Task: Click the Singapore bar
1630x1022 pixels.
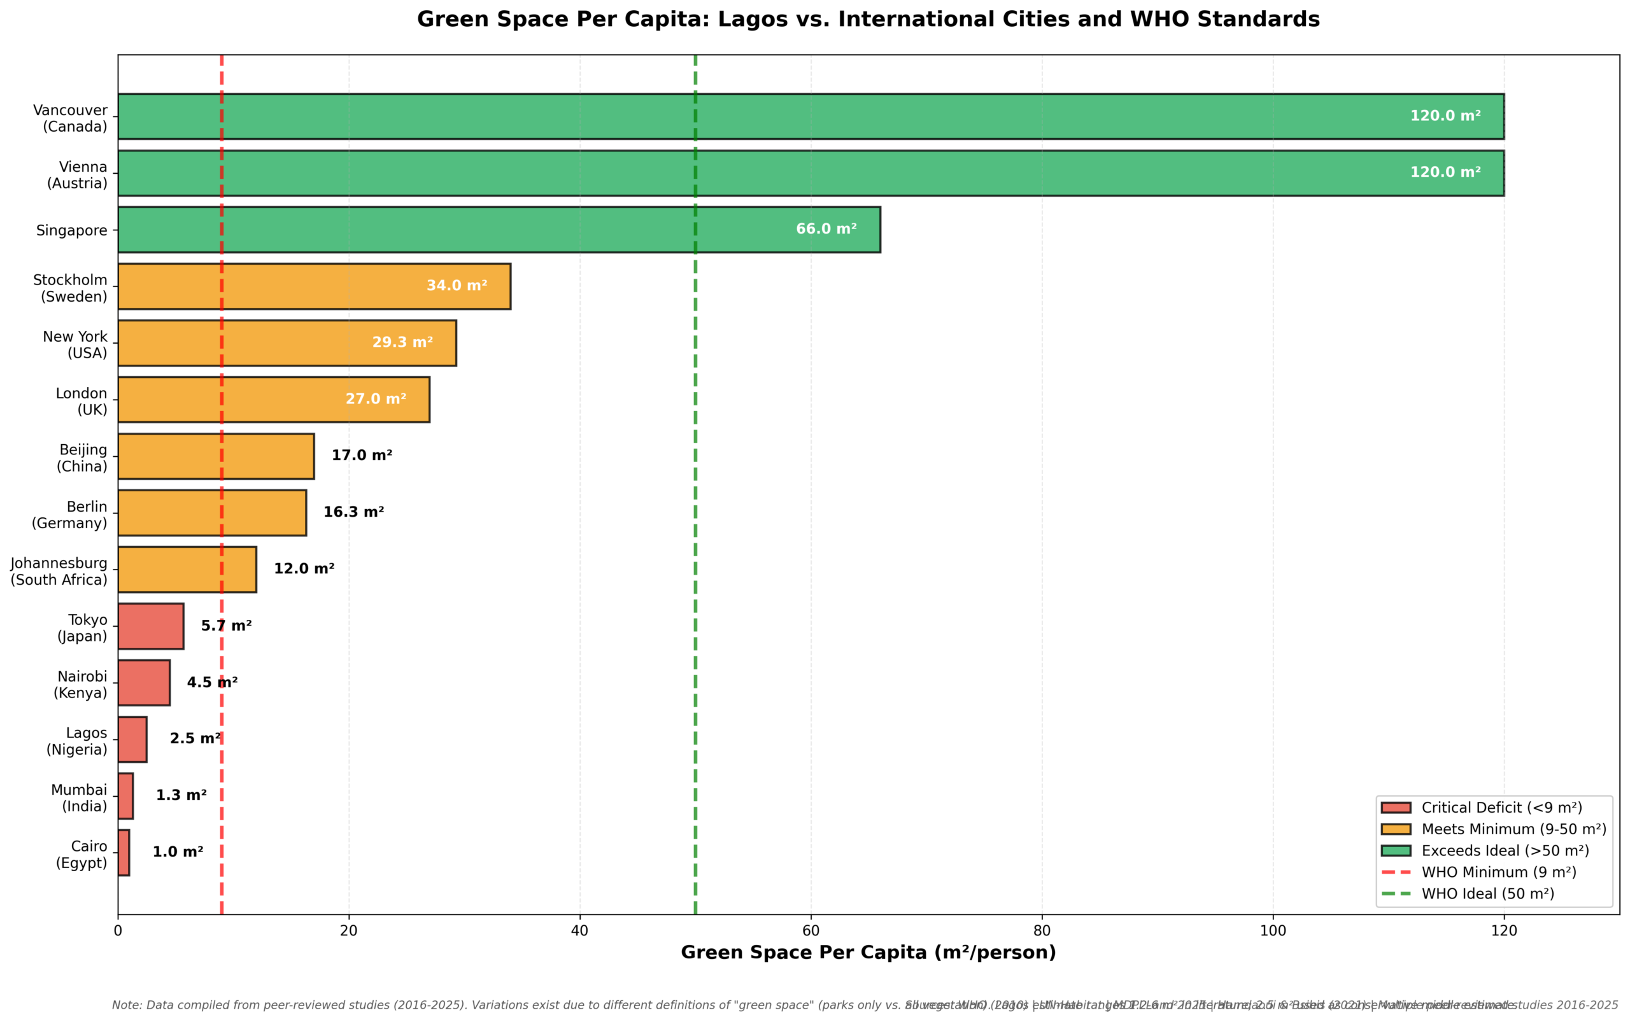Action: (x=499, y=230)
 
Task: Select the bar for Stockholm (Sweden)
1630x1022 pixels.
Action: (x=314, y=286)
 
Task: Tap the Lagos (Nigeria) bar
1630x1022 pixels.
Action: (x=132, y=739)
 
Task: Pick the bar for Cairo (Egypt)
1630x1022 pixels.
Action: (x=124, y=853)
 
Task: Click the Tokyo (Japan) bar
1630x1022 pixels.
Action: (x=150, y=626)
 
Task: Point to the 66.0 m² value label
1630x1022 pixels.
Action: (x=826, y=229)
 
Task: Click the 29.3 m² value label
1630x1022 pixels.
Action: (x=402, y=343)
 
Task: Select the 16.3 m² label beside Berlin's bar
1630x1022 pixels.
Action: (x=353, y=512)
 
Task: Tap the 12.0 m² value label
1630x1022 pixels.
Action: (x=304, y=569)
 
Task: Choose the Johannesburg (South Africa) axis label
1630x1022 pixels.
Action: (x=59, y=571)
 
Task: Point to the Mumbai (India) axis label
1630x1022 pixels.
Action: (x=79, y=797)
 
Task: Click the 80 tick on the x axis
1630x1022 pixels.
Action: (x=1042, y=931)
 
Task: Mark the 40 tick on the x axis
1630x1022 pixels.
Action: (x=579, y=931)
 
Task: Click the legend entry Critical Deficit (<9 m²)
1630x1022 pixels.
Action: (x=1501, y=808)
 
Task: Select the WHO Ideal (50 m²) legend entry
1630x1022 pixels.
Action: (x=1487, y=893)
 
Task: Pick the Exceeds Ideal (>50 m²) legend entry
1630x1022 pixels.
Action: (x=1505, y=850)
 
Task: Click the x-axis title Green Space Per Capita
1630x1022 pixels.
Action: (x=868, y=953)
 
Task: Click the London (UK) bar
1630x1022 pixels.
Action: (x=273, y=400)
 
